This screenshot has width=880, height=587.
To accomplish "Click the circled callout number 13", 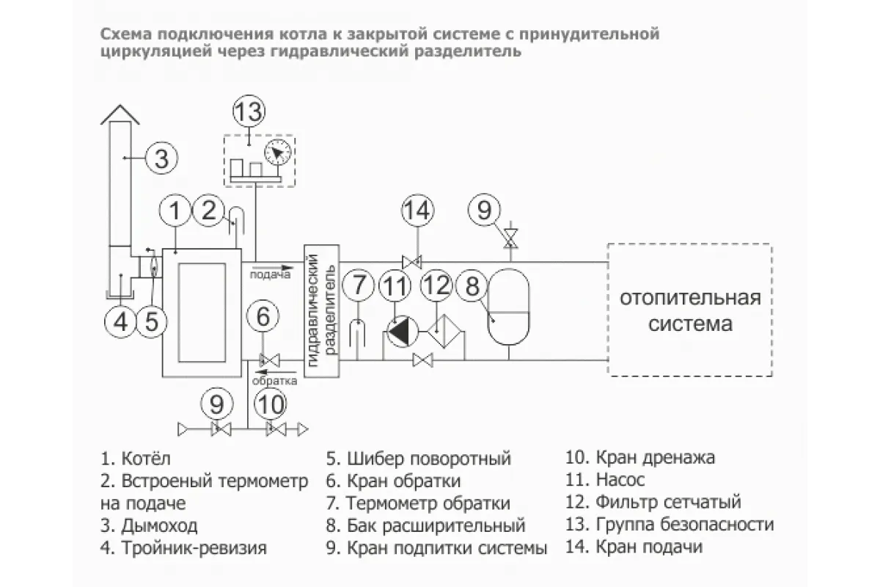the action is coord(249,112).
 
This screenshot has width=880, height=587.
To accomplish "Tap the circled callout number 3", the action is coord(161,158).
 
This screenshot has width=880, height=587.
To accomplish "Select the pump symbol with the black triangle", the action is coord(403,332).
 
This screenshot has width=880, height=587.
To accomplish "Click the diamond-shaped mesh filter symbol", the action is coord(444,331).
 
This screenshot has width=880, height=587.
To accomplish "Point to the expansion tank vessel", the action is coord(509,307).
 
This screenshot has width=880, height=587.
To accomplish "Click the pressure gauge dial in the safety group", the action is coord(278,153).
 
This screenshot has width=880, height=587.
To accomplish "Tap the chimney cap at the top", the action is coord(120,114).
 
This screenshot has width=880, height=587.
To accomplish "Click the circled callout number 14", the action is coord(417,211).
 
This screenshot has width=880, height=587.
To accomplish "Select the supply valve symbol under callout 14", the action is coord(411,262).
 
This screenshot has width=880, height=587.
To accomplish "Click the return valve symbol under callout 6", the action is coord(270,360).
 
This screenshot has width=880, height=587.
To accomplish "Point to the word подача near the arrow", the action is coord(270,274).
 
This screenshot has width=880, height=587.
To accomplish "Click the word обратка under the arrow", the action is coord(274,381).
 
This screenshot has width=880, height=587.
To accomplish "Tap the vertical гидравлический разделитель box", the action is coord(322,311).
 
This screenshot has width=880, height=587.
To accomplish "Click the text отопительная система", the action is coord(690,311).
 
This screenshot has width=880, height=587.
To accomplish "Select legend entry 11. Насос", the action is coord(605,480).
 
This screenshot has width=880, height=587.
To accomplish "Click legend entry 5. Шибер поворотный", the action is coord(419,459).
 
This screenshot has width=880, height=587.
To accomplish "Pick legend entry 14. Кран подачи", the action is coord(634,547).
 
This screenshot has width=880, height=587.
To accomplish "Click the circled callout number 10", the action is coord(271,404).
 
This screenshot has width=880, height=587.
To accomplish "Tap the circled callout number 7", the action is coord(358,285).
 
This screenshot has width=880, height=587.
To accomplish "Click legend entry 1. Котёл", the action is coord(136,459).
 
